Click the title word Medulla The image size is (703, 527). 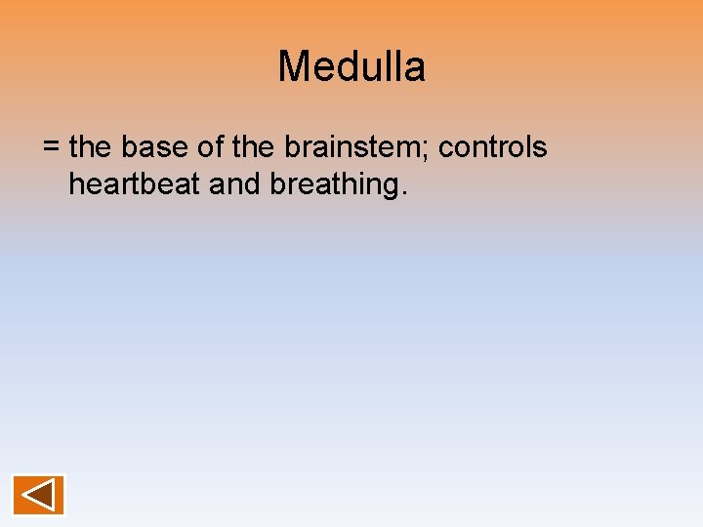(x=351, y=67)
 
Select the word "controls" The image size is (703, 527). (x=493, y=147)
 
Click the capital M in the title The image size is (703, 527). (x=293, y=67)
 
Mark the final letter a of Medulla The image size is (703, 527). (x=415, y=68)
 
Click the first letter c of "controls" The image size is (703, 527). (x=445, y=149)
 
